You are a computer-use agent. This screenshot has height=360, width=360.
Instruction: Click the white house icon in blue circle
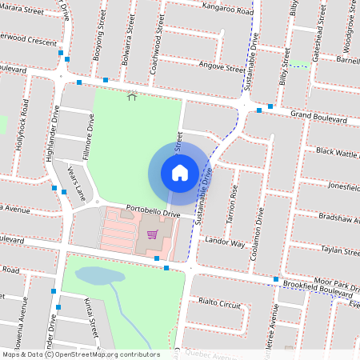click(x=180, y=172)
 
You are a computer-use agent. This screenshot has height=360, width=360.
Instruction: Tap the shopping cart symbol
click(x=152, y=235)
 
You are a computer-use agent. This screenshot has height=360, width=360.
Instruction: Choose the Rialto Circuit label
click(x=220, y=305)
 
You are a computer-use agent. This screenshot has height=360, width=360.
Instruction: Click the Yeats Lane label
click(x=76, y=182)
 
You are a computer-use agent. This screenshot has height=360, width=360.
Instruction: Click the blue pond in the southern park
click(x=100, y=276)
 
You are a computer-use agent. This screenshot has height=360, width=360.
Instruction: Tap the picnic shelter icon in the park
click(x=132, y=96)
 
